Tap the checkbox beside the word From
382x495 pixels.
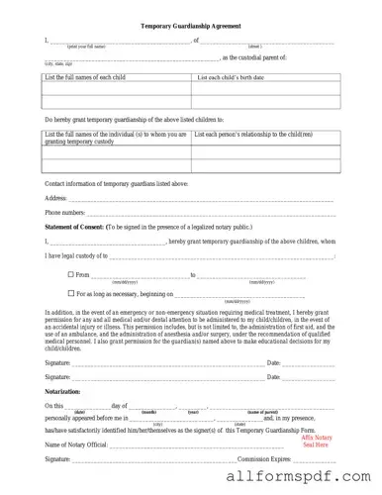(70, 273)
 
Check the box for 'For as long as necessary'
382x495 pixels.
(70, 293)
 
